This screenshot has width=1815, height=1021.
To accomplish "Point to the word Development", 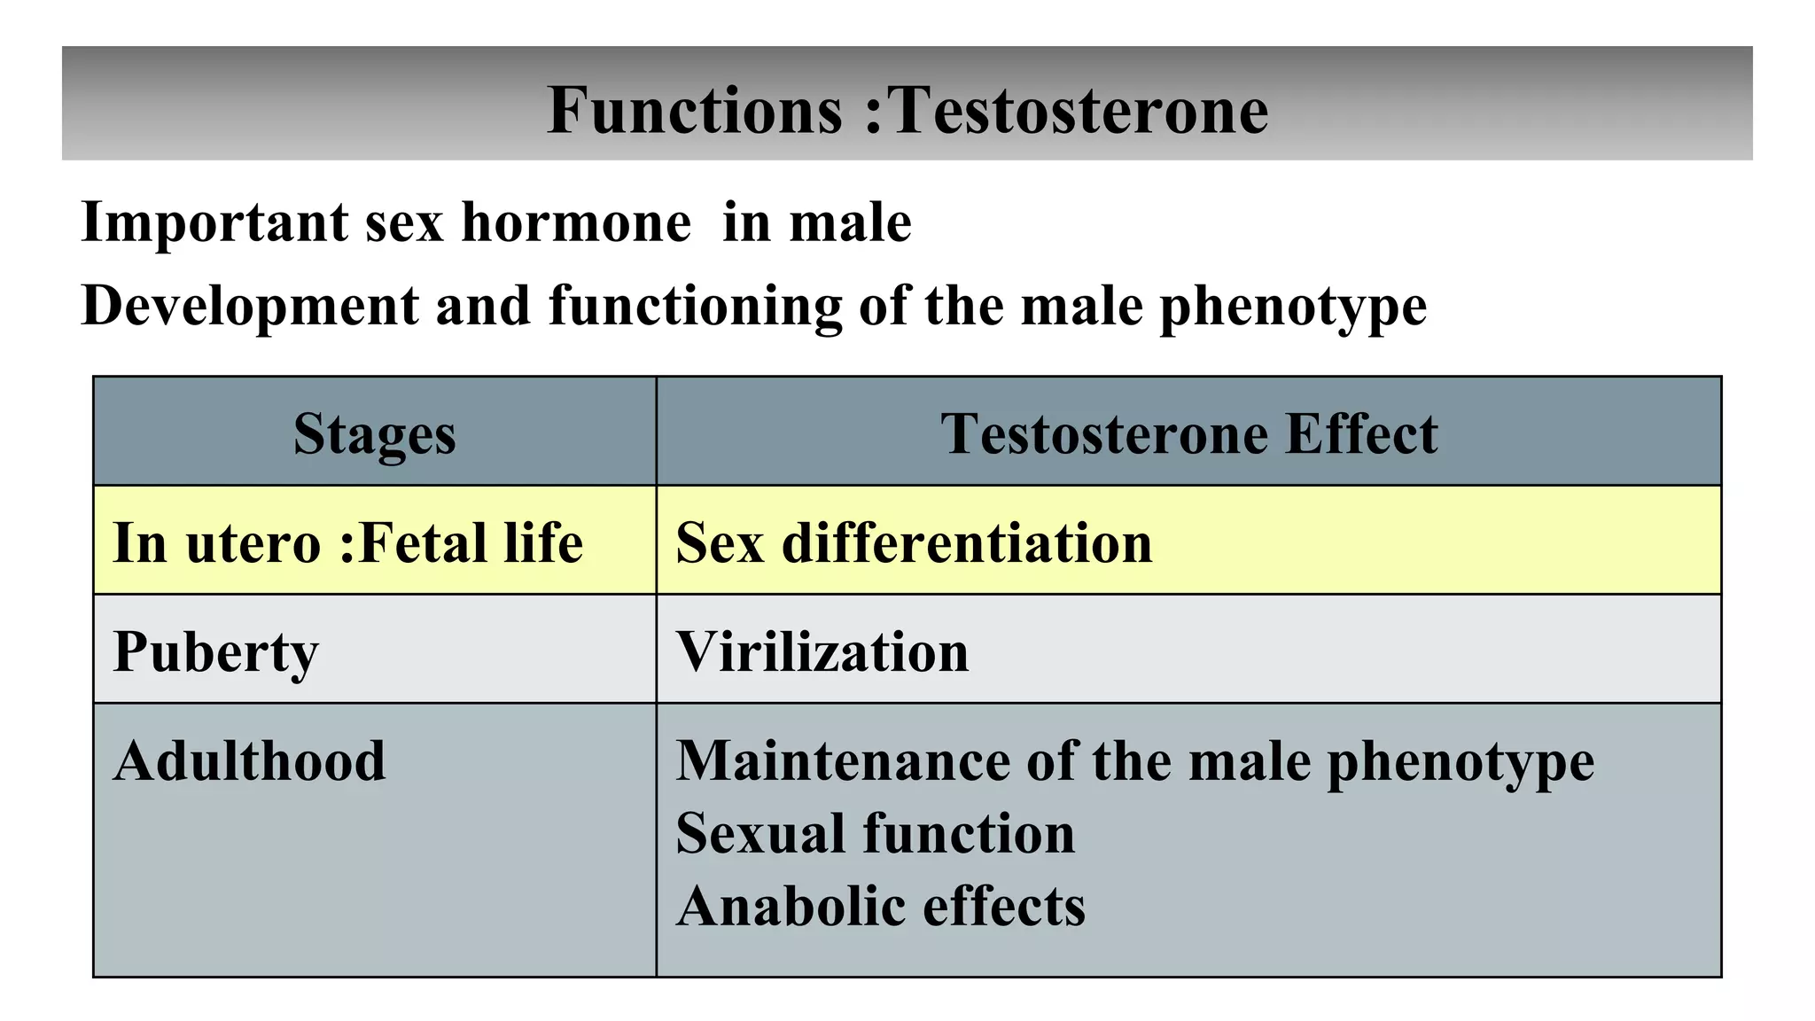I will click(249, 306).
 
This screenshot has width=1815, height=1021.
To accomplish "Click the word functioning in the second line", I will click(695, 306).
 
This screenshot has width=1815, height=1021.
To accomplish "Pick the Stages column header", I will click(374, 433).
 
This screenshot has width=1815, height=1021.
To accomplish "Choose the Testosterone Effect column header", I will click(1188, 433).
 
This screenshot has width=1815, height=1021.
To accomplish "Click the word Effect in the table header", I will click(1361, 433).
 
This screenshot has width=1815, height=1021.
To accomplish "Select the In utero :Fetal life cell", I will click(347, 542).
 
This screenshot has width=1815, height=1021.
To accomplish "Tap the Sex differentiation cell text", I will click(914, 542).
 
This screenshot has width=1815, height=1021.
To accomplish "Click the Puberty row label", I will click(215, 652).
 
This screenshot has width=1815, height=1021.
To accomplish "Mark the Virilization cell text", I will click(822, 652).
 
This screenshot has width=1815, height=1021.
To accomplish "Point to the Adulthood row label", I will click(249, 760).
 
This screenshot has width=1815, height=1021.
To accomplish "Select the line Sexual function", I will click(875, 833).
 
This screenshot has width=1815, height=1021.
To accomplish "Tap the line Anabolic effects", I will click(880, 906).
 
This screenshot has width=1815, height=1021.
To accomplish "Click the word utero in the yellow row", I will click(253, 542).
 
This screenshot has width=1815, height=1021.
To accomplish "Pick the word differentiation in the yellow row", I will click(967, 542).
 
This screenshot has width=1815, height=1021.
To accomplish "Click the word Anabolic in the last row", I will click(780, 906).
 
